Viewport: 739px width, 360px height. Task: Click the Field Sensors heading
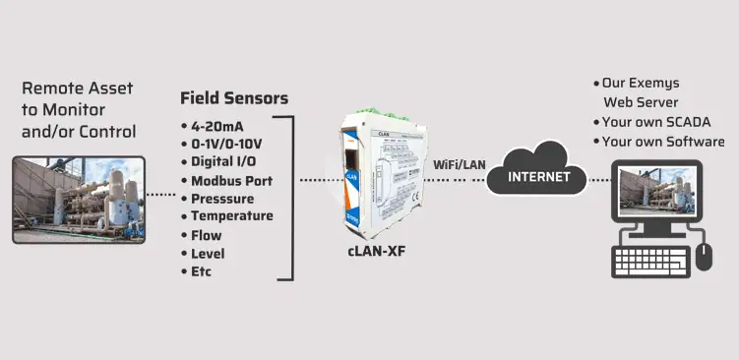click(x=234, y=98)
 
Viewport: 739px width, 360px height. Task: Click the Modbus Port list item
click(x=232, y=180)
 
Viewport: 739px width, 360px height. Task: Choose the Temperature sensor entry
click(x=232, y=216)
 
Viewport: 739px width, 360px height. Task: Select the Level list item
click(x=208, y=253)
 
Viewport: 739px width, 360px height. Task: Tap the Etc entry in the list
click(x=202, y=271)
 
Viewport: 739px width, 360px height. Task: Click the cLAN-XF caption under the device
click(x=375, y=252)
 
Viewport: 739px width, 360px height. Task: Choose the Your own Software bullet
click(x=661, y=141)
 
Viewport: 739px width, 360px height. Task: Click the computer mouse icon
click(x=704, y=257)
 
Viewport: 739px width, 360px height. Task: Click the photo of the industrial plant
click(x=78, y=199)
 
